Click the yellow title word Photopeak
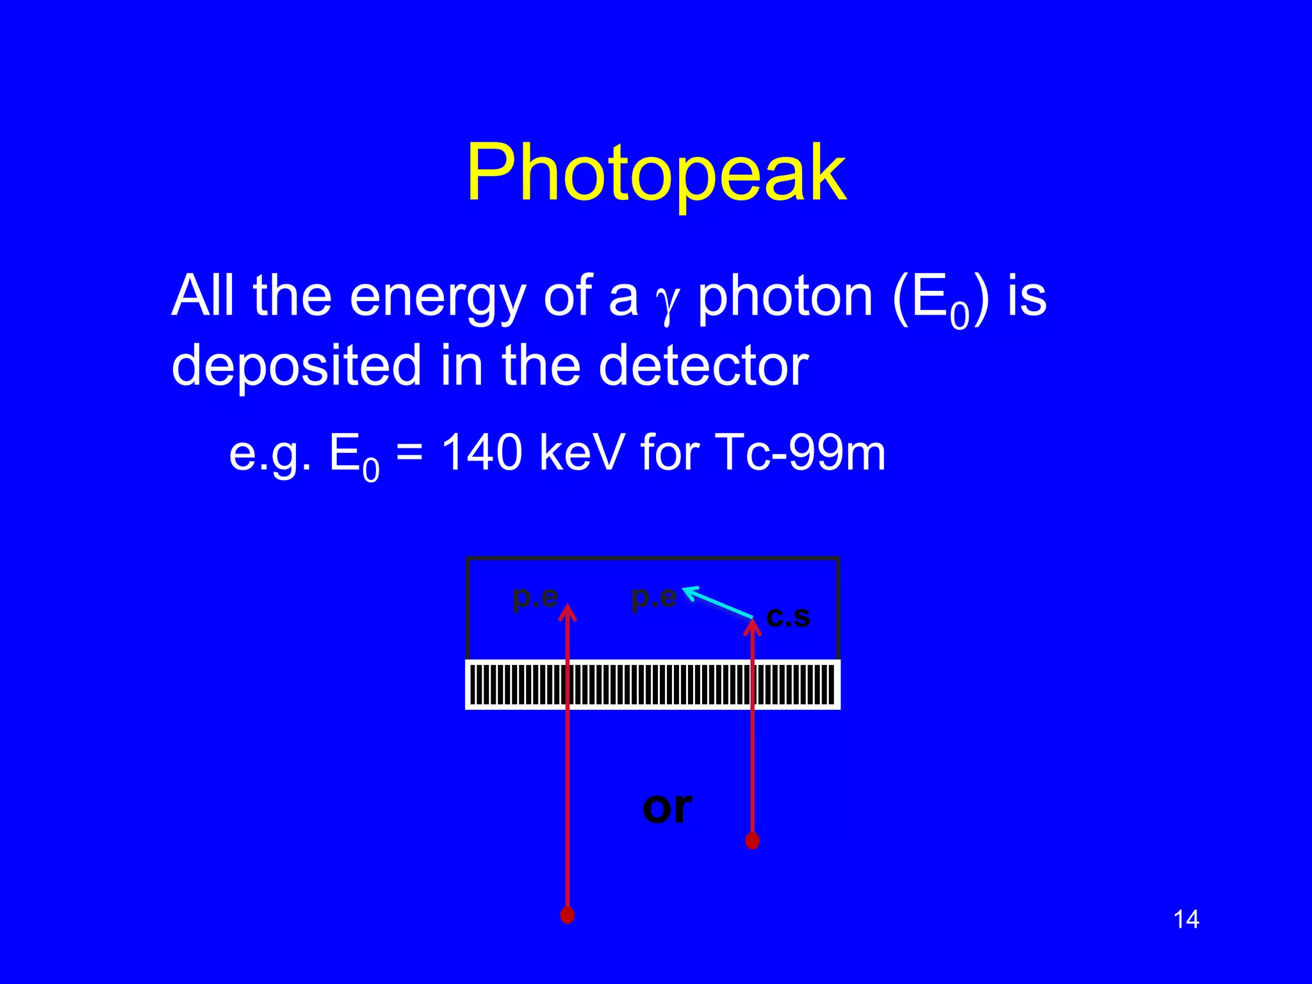pyautogui.click(x=656, y=173)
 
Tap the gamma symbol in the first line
pyautogui.click(x=667, y=304)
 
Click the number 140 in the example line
pyautogui.click(x=482, y=452)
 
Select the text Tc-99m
pyautogui.click(x=799, y=452)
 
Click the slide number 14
pyautogui.click(x=1186, y=919)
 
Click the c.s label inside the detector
pyautogui.click(x=788, y=617)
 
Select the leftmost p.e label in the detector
pyautogui.click(x=535, y=597)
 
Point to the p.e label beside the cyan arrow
pyautogui.click(x=653, y=597)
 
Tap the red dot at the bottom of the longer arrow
pyautogui.click(x=567, y=915)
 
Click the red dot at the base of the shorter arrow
pyautogui.click(x=753, y=840)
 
